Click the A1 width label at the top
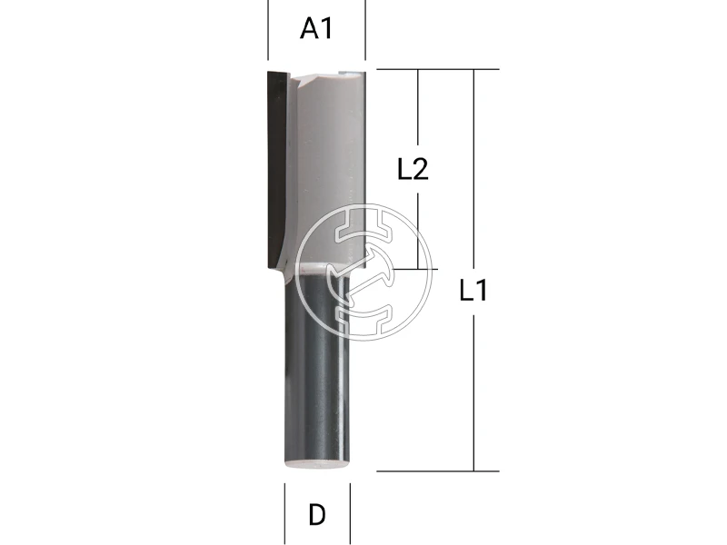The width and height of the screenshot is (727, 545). point(316,29)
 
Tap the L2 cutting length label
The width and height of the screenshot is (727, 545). point(413,169)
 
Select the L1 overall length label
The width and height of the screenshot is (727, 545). point(474,291)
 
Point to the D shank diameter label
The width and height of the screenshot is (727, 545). point(316,515)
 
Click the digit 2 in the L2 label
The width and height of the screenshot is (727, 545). point(421,169)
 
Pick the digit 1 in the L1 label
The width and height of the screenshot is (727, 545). point(483,291)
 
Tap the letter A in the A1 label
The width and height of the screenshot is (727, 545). point(310,29)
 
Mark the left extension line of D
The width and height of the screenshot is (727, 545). point(284,513)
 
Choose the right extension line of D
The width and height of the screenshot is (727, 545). point(350,513)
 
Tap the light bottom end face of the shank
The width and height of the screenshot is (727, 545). point(317,463)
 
